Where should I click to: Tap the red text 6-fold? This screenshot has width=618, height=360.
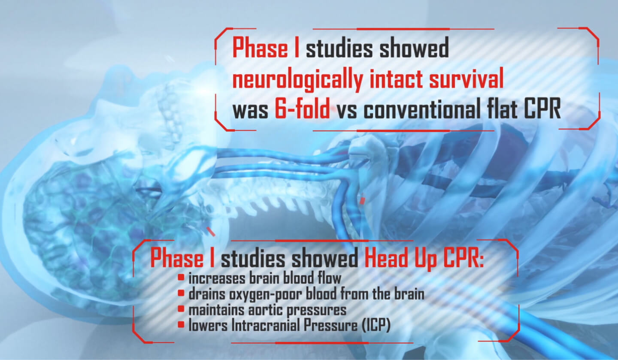(302, 111)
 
